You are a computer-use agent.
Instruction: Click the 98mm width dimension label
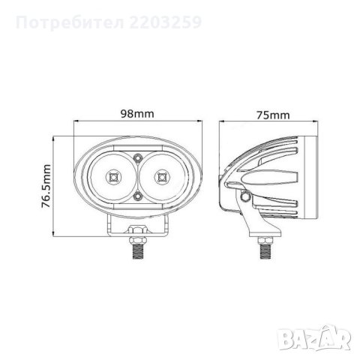[136, 114]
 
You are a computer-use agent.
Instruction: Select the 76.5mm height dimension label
[47, 184]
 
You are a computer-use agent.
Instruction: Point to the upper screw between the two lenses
[137, 158]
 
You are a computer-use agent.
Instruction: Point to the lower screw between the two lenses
[137, 196]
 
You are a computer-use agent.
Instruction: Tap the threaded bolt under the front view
[137, 249]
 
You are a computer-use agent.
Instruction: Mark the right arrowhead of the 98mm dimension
[194, 124]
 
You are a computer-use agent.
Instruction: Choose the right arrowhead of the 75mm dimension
[321, 124]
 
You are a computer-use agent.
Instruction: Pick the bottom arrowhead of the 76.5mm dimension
[58, 232]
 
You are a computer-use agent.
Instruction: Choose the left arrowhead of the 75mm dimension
[223, 124]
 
